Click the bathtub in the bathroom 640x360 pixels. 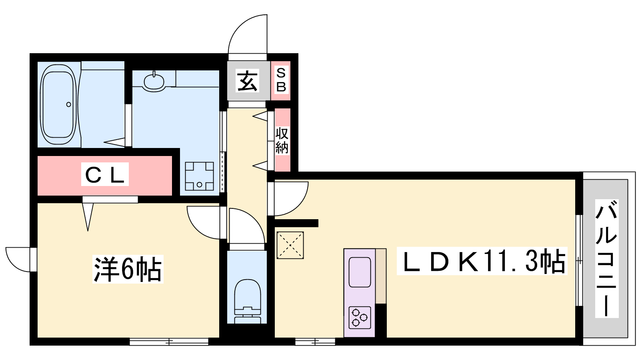coord(58,104)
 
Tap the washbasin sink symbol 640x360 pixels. coord(154,82)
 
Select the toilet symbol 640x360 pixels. coord(248,301)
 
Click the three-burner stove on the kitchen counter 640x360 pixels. coord(360,318)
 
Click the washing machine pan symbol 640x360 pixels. coord(199,176)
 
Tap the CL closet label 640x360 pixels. coord(105,174)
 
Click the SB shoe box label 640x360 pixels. coord(281,80)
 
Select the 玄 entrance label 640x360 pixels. coord(248,80)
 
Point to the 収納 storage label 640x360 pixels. coord(282,140)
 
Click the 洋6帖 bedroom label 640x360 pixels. coord(128,269)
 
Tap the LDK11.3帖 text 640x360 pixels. coord(482,261)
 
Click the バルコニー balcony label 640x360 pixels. coord(607,258)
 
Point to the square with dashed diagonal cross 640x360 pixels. coord(290,246)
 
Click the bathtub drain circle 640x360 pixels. coord(68,104)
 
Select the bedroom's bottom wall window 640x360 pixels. coord(169,342)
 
